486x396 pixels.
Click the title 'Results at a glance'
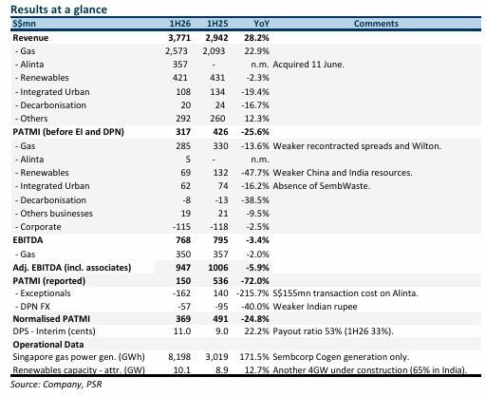point(59,9)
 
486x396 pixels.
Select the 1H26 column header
point(180,24)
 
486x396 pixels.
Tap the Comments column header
point(376,24)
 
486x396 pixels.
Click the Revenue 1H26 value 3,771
point(179,38)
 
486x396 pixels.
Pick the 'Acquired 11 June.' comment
point(308,65)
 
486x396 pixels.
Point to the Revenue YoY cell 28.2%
point(256,38)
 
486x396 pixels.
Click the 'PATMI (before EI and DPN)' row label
point(68,132)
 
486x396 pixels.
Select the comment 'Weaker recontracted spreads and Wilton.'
point(357,146)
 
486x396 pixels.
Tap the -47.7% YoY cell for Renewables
point(255,173)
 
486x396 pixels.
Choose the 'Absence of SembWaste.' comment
point(322,186)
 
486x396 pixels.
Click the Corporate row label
point(38,227)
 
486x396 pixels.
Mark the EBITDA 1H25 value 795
point(220,240)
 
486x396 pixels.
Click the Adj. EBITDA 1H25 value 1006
point(218,268)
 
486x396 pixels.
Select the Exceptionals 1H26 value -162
point(181,293)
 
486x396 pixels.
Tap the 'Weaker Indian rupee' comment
point(315,307)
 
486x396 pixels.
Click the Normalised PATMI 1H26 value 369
point(183,319)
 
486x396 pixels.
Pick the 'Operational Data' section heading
point(48,345)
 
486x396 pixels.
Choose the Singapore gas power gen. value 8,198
point(179,357)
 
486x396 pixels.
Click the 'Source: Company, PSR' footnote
point(56,385)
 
